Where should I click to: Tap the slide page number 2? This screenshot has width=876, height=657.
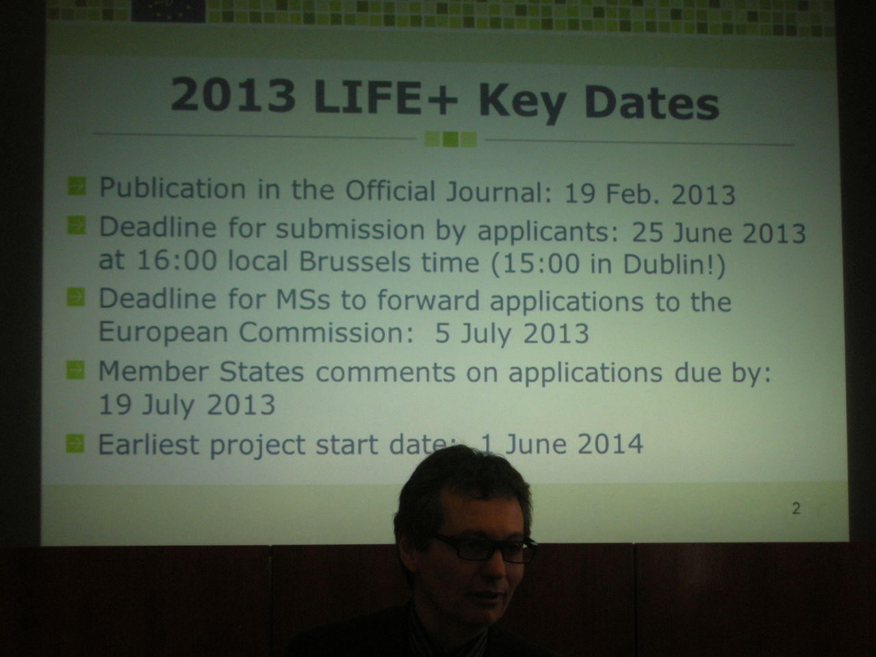coord(796,508)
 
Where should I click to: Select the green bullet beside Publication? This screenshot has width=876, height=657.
coord(77,186)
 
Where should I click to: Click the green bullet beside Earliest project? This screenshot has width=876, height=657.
coord(75,443)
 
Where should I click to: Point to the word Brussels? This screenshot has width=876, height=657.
coord(355,262)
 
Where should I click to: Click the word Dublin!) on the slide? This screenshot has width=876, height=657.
coord(673,264)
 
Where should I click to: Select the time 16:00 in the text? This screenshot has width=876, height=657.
coord(177,261)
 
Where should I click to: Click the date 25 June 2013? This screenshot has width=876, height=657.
coord(719,233)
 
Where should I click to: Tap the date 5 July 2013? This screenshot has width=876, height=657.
coord(512,333)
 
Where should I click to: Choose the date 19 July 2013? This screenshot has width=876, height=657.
coord(187,404)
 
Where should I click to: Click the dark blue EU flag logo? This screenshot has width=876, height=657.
coord(168,10)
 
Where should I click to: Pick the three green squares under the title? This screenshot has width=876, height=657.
coord(450,139)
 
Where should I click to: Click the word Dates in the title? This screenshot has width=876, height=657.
coord(652,102)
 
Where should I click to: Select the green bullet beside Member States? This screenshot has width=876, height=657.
coord(75,370)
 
